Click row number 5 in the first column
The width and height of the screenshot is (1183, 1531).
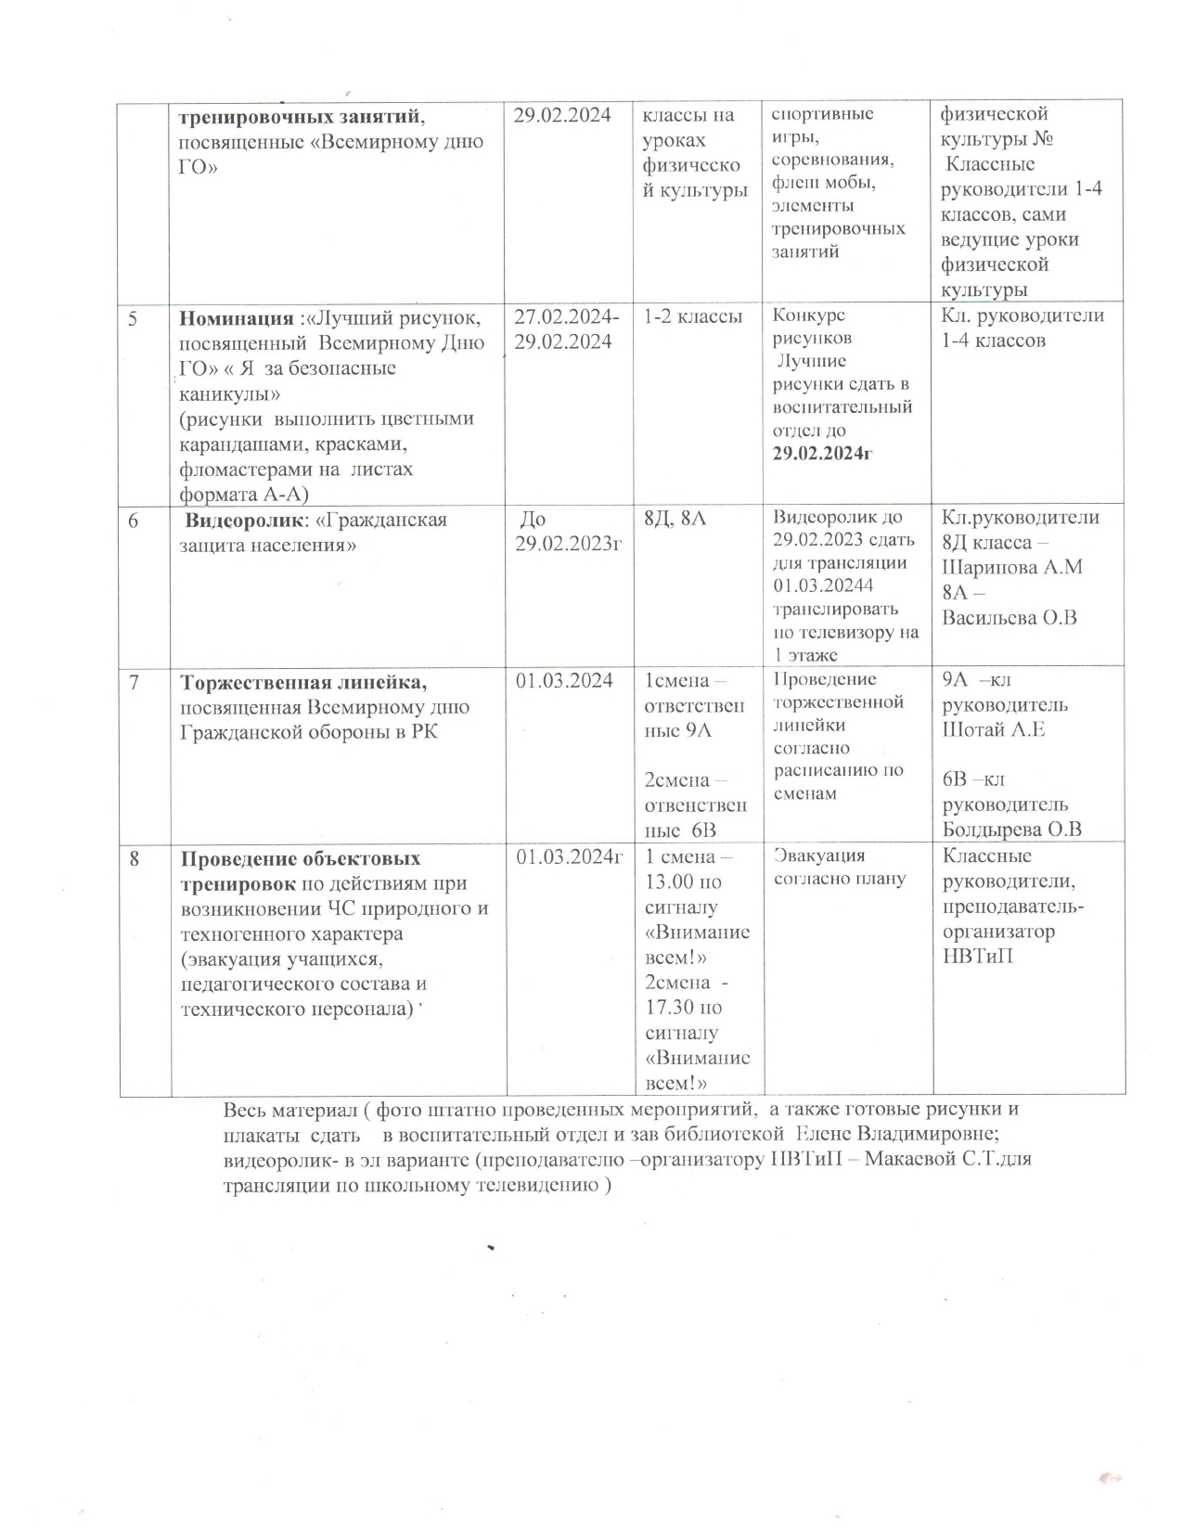133,318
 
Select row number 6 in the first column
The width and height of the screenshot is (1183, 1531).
134,521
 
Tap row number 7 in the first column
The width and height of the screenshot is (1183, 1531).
135,682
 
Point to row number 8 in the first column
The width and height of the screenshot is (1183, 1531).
135,859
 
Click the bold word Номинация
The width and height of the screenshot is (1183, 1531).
236,318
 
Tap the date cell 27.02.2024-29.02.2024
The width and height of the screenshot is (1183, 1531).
567,329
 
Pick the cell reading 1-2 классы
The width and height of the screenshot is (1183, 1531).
693,316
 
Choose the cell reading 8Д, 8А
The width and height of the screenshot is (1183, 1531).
675,519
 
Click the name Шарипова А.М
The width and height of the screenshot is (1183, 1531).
1011,567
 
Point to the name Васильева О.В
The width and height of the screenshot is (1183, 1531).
1009,617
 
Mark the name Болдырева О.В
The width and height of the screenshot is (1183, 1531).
1012,830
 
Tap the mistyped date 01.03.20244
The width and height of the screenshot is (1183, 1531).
823,585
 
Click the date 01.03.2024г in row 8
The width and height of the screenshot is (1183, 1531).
569,857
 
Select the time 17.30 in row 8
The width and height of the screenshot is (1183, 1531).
670,1007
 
